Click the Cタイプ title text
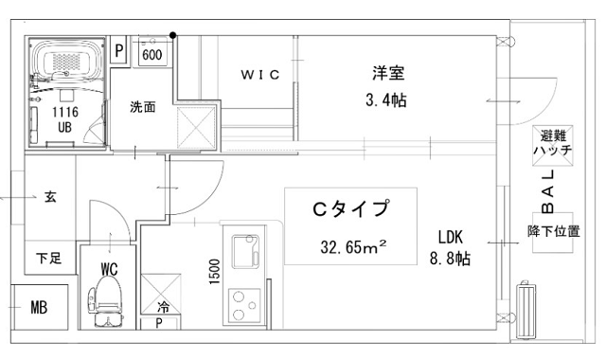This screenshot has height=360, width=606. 351,209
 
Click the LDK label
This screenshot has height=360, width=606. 450,237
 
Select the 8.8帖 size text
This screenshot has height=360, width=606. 449,258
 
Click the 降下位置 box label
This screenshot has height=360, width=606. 553,231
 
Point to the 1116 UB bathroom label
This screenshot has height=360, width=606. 65,118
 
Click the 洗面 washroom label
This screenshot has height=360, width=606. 142,107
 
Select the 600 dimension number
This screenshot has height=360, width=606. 152,55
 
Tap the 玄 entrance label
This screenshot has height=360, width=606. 49,198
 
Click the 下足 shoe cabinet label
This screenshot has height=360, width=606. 49,258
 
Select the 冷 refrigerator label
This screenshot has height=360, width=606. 163,306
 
